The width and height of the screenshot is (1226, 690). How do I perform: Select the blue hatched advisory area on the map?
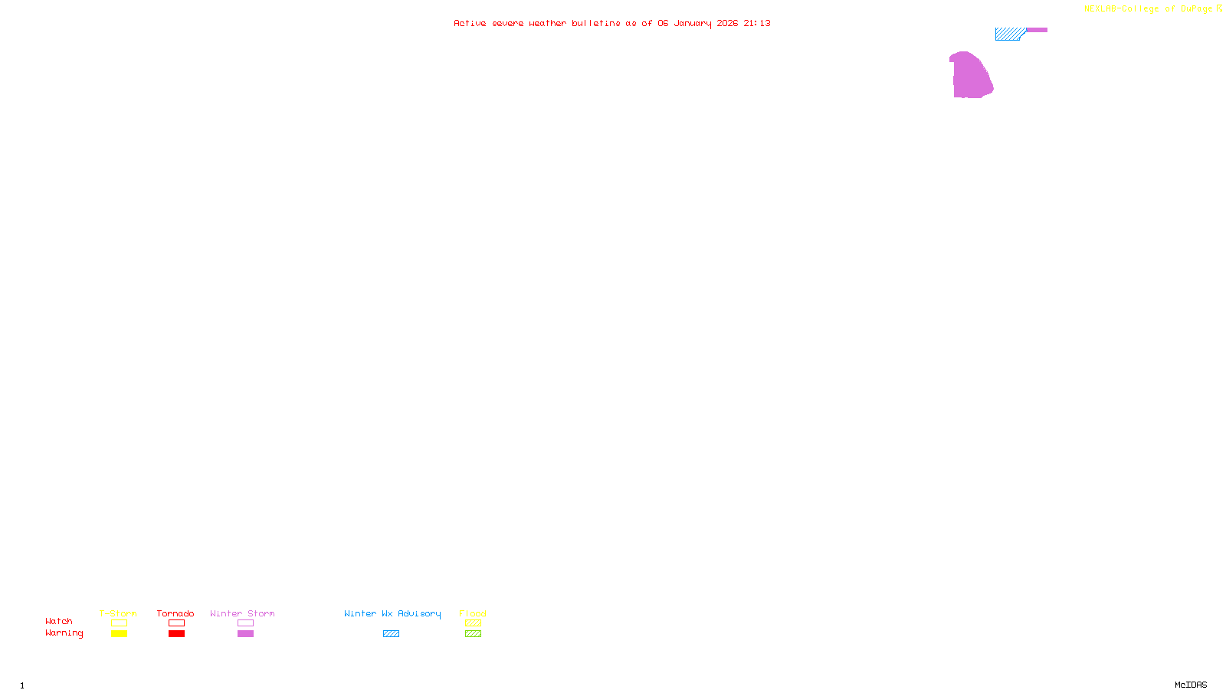(1008, 34)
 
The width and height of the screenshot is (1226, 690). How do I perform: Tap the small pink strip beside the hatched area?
(1037, 30)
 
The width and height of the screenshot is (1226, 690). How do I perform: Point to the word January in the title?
(692, 23)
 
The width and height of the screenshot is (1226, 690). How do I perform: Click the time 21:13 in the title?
(757, 23)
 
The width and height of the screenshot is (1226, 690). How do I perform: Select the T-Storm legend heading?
(118, 613)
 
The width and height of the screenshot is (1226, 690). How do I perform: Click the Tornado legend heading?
(175, 613)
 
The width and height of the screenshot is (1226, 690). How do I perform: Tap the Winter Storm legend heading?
(242, 613)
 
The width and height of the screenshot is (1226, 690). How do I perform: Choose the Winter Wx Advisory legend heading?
(392, 613)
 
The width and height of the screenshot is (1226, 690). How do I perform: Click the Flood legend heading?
(473, 613)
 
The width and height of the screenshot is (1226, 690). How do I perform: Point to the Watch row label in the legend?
(59, 621)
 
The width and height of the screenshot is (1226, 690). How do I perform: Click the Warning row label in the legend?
(64, 633)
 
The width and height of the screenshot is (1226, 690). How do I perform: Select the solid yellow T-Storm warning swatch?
(119, 634)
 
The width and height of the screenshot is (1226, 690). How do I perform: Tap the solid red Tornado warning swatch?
(177, 634)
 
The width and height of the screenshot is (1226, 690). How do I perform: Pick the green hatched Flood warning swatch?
(473, 634)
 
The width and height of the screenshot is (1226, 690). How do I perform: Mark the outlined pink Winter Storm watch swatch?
(245, 623)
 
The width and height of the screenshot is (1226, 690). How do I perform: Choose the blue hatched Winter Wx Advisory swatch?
(391, 634)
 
